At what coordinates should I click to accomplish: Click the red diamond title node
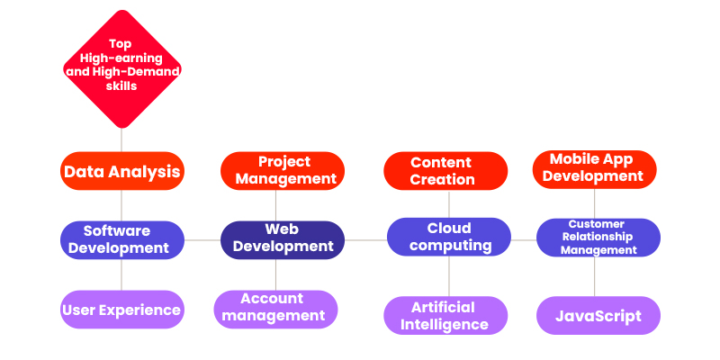coord(122,69)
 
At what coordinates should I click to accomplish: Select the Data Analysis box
coord(122,171)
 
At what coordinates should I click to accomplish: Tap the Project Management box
coord(283,171)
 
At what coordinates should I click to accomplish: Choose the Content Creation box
coord(445,171)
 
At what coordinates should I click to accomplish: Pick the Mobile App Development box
coord(595,169)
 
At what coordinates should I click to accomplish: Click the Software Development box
coord(122,240)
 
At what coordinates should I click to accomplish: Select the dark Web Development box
coord(283,240)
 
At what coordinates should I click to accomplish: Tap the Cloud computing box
coord(448,237)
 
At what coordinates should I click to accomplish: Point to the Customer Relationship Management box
coord(598,238)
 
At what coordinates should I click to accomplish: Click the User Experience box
coord(122,310)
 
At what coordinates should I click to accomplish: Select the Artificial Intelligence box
coord(445,316)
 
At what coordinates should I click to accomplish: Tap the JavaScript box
coord(598,316)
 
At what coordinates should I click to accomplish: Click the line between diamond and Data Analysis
coord(121,140)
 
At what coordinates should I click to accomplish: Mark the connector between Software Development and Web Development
coord(202,240)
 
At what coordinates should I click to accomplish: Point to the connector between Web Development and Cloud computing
coord(365,239)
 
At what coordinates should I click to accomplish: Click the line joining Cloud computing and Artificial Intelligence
coord(449,276)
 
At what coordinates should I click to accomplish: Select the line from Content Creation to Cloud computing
coord(449,204)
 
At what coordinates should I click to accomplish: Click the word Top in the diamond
coord(121,44)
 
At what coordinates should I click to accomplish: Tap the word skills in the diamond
coord(121,85)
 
